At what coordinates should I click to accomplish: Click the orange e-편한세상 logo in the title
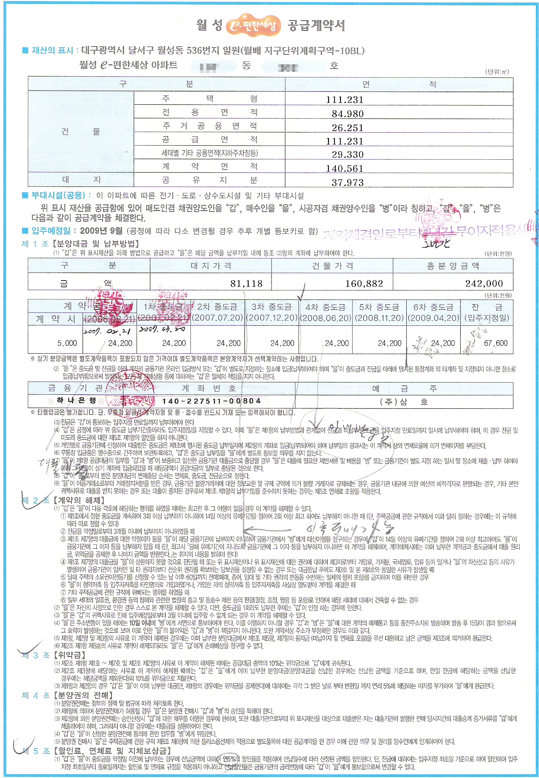tap(253, 25)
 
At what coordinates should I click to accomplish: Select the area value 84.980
tap(347, 114)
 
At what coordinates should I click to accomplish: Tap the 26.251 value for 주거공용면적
tap(347, 128)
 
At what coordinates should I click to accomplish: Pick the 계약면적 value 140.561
tap(344, 169)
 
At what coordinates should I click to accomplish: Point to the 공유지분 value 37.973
tap(347, 182)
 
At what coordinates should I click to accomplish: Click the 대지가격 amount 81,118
tap(246, 284)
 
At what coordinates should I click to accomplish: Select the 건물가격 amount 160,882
tap(364, 284)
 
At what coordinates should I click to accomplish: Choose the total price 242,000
tap(484, 284)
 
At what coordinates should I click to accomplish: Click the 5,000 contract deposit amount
tap(67, 343)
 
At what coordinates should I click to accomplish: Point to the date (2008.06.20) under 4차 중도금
tap(326, 318)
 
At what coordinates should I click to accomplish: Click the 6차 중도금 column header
tap(433, 307)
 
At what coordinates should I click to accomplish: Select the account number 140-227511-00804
tap(211, 401)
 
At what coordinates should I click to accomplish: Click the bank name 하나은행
tap(76, 400)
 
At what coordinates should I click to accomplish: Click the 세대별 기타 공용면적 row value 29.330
tap(347, 155)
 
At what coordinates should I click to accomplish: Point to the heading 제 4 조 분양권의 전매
tap(67, 695)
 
